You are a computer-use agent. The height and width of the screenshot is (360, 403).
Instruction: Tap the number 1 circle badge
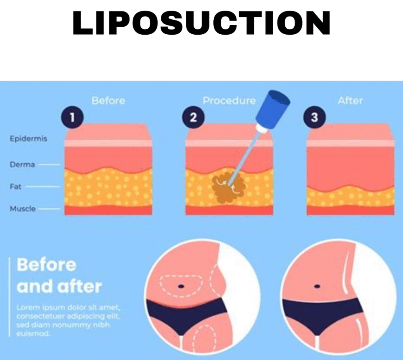point(72,117)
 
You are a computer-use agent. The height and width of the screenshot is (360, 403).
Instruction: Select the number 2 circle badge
point(193,117)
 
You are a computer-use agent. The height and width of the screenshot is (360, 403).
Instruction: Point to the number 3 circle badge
point(314,117)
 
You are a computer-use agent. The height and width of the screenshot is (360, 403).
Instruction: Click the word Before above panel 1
point(108,101)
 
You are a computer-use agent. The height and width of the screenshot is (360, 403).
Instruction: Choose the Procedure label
point(229,101)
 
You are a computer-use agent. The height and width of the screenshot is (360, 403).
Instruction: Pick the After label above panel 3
point(350,101)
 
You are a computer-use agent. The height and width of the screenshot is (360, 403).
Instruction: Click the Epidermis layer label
point(28,138)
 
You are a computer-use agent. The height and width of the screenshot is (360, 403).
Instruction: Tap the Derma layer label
point(22,164)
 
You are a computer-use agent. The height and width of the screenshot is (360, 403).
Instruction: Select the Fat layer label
point(16,186)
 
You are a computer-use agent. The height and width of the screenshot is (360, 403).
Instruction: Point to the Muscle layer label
point(22,209)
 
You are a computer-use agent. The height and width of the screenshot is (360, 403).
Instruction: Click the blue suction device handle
point(273,106)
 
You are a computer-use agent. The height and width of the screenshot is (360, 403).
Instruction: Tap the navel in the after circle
point(317,285)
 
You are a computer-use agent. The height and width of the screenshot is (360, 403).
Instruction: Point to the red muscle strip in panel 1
point(108,210)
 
